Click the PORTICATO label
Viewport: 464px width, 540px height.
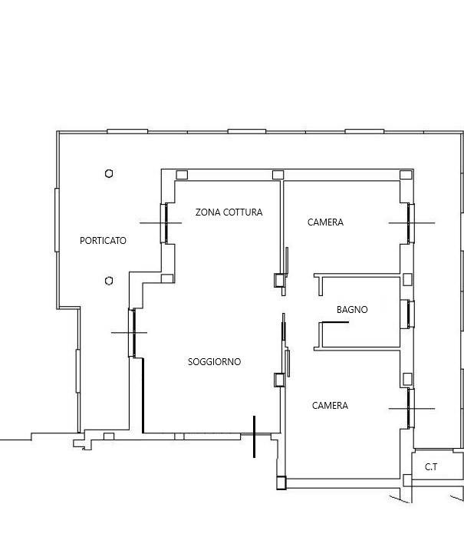point(103,240)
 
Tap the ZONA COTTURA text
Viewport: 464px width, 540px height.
point(229,212)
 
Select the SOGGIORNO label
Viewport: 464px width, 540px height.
point(214,361)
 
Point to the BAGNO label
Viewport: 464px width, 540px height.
point(352,310)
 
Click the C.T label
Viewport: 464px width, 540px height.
point(431,467)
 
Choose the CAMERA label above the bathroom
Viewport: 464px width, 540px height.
point(325,222)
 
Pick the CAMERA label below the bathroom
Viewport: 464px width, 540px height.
point(330,405)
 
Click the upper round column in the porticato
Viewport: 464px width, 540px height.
point(109,173)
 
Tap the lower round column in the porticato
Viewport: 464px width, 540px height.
point(109,281)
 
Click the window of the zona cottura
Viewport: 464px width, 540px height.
point(164,223)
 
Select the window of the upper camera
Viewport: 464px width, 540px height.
point(410,223)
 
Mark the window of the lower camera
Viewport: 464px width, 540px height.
point(410,408)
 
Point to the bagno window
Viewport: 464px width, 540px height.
point(410,314)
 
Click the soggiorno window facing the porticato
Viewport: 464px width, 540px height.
point(132,333)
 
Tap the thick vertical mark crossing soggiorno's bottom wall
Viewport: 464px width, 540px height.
point(254,436)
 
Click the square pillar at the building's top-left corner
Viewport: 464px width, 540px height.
point(182,175)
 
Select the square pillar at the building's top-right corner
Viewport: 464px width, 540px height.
point(406,175)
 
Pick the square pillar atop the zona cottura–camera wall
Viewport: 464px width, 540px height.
point(278,175)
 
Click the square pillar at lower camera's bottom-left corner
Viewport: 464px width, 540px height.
point(281,482)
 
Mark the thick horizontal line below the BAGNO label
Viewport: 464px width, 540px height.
point(335,322)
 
